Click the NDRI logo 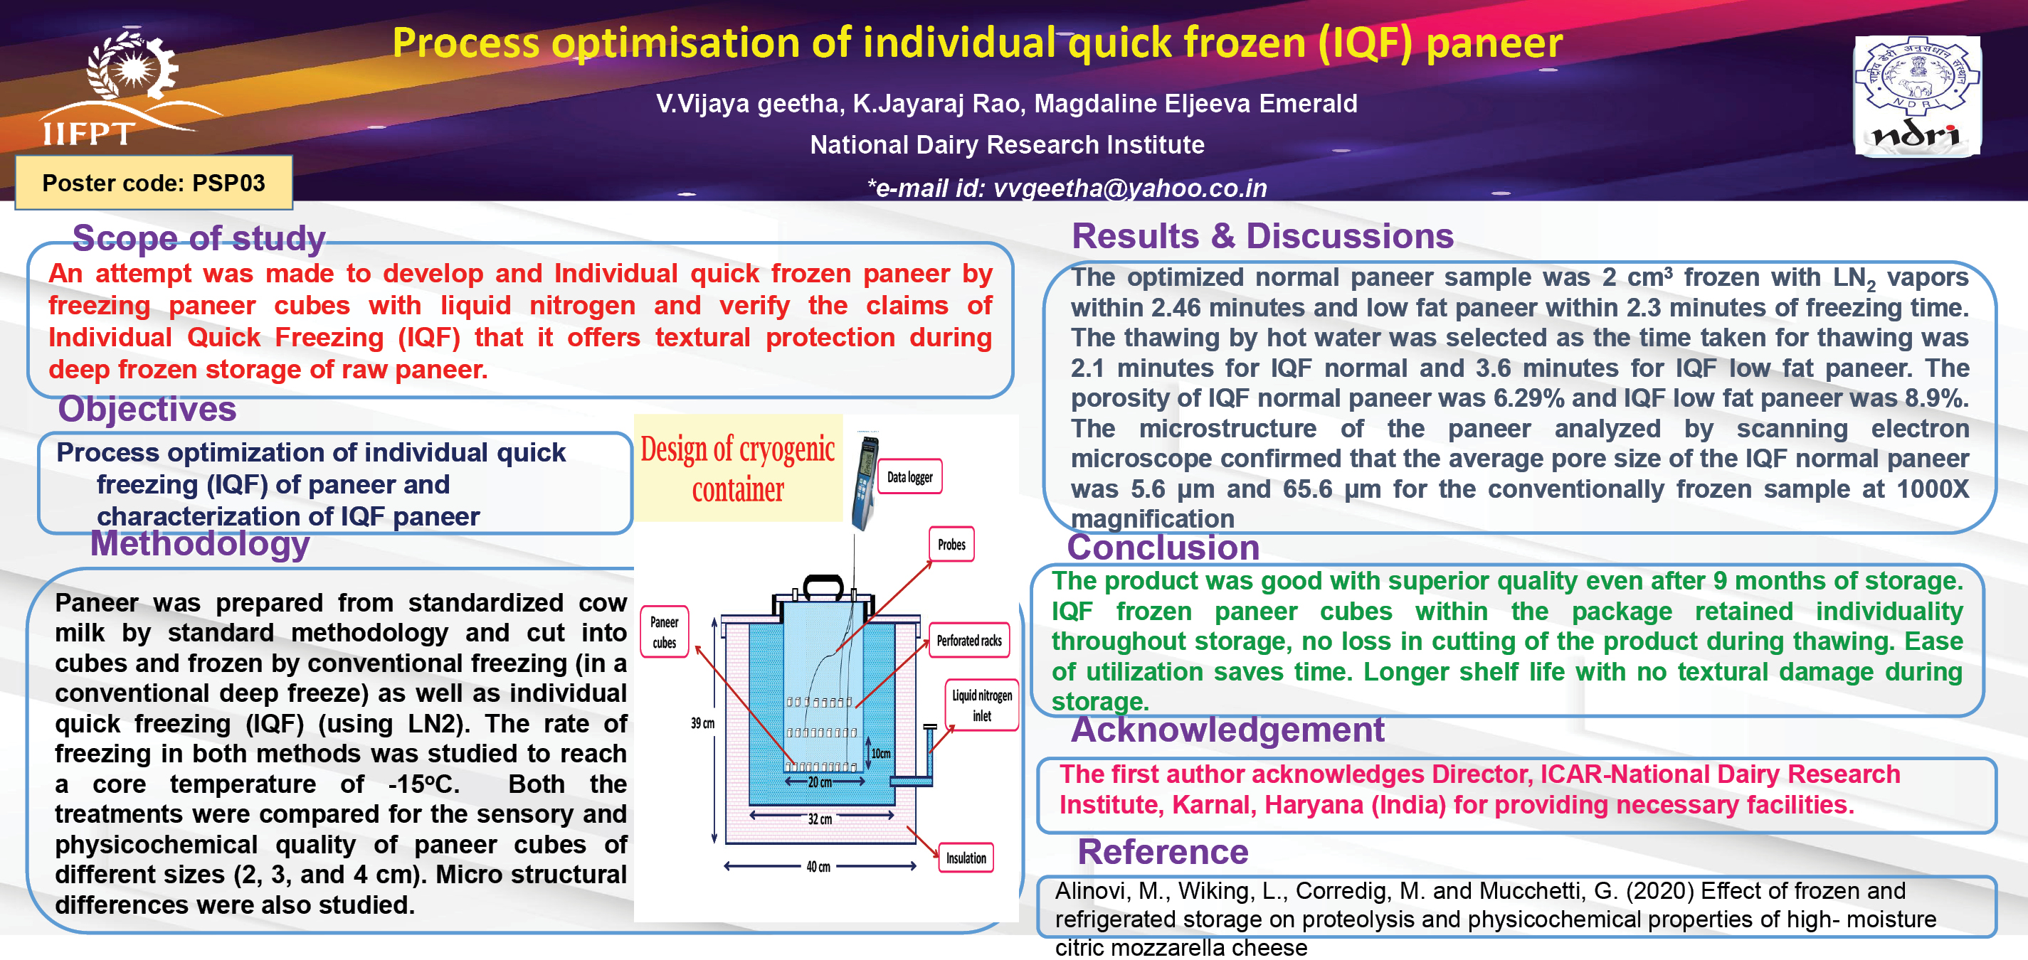[1917, 96]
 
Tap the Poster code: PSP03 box [154, 183]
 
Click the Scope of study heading [199, 238]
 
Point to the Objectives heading [147, 409]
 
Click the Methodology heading [200, 544]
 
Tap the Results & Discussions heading [1263, 236]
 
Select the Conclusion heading [1163, 548]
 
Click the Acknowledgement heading [1227, 730]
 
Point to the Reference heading [1163, 852]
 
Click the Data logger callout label [910, 477]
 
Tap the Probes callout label [952, 545]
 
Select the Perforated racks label [969, 641]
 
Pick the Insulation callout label [966, 858]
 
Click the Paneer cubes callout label [665, 632]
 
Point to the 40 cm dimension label [818, 867]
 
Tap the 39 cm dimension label [702, 723]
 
